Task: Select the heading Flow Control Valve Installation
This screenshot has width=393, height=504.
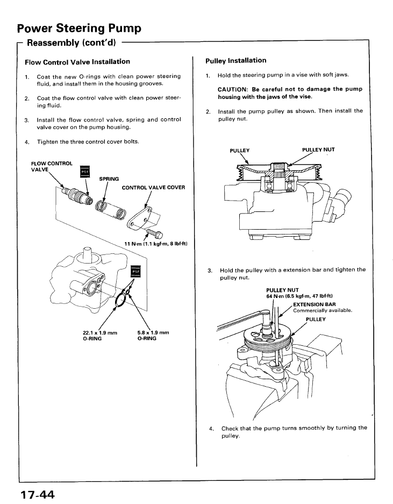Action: coord(77,62)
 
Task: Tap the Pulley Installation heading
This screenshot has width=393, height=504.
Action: coord(235,60)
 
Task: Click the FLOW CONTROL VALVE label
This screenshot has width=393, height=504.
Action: coord(52,166)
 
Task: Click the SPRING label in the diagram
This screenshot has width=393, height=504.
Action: coord(109,179)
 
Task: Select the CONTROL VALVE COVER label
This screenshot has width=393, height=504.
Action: coord(153,187)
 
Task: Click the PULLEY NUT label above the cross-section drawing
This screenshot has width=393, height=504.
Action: coord(318,150)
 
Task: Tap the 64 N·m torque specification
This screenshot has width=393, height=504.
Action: coord(299,296)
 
